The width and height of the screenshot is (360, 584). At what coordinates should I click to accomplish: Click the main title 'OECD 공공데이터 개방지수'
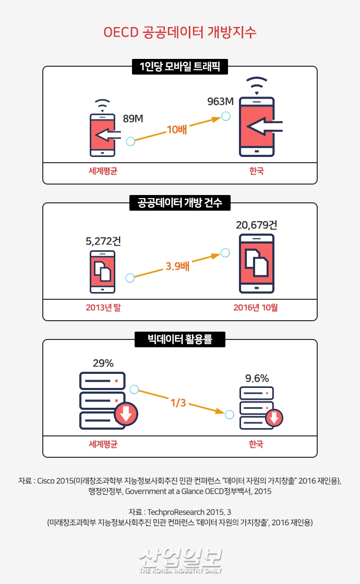[x=179, y=32]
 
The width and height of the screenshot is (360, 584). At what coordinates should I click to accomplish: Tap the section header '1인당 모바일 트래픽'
[x=179, y=67]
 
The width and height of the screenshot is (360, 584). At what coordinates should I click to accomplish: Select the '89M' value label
[x=133, y=119]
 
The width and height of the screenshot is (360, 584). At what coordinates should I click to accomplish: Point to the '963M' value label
[x=220, y=101]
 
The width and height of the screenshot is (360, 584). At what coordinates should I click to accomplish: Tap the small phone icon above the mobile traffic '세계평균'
[x=103, y=134]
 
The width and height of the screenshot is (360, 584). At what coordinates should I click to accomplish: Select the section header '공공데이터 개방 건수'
[x=179, y=203]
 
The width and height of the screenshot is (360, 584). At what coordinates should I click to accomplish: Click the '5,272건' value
[x=103, y=241]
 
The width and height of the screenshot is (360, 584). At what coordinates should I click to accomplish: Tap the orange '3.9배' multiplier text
[x=177, y=266]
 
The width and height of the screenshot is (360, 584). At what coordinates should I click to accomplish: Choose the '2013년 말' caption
[x=103, y=307]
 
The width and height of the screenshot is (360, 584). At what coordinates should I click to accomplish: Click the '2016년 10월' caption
[x=256, y=307]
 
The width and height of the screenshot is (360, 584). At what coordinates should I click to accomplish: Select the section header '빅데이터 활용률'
[x=179, y=340]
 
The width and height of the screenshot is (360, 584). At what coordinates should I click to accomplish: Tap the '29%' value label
[x=103, y=363]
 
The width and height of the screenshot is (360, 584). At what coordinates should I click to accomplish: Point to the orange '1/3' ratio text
[x=177, y=403]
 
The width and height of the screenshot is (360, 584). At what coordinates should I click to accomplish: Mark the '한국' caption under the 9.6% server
[x=256, y=444]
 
